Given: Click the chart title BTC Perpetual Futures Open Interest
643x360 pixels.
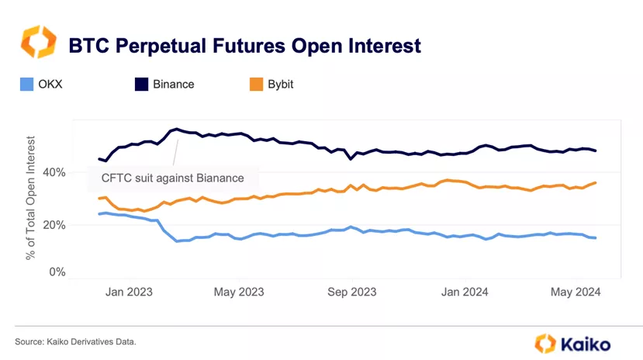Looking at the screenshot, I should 244,45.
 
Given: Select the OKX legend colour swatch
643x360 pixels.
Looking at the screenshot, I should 26,85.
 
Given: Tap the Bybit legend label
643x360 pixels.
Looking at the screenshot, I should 285,85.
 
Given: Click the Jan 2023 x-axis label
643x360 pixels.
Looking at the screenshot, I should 130,292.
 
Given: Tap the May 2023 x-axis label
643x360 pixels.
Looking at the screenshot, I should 238,292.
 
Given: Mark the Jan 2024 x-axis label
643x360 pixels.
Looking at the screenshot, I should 465,292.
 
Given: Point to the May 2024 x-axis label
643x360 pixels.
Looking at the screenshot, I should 575,292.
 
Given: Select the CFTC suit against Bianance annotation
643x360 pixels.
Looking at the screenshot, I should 172,178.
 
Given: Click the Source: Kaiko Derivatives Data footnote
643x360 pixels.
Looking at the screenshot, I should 81,341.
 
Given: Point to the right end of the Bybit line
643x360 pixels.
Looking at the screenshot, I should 596,182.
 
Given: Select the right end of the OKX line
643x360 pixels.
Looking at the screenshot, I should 596,237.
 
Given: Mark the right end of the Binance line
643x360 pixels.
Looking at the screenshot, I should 596,151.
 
